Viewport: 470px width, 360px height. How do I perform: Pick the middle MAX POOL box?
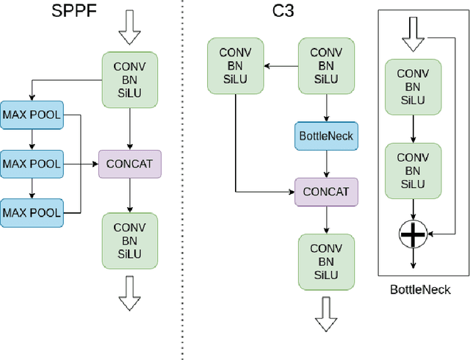tap(32, 162)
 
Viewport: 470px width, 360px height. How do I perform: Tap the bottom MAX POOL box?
tap(32, 212)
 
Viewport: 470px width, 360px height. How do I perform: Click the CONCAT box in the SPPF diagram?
tap(129, 163)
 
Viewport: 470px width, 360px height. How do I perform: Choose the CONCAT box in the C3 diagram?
tap(326, 192)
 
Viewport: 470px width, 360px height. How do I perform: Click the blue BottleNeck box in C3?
tap(326, 136)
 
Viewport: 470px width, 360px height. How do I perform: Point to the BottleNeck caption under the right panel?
tap(419, 289)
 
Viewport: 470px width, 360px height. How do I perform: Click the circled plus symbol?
tap(413, 234)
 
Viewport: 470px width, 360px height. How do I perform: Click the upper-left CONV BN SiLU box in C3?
tap(235, 66)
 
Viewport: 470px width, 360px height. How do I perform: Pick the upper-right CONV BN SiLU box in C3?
tap(326, 66)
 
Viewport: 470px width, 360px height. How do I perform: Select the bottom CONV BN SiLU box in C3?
tap(326, 262)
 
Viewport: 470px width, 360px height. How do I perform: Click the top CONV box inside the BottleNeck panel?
tap(413, 87)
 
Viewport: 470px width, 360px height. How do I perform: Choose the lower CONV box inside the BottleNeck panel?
tap(413, 171)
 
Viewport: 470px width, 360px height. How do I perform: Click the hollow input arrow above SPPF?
tap(129, 30)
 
